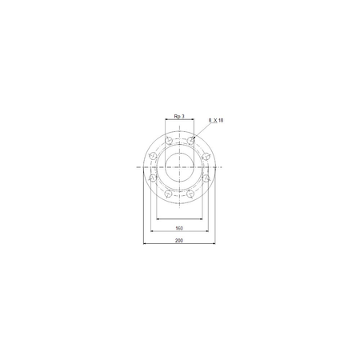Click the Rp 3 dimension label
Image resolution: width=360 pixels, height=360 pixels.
179,116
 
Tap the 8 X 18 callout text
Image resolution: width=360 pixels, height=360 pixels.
216,121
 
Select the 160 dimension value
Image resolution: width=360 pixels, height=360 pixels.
179,228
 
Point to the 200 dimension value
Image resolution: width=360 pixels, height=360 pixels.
179,241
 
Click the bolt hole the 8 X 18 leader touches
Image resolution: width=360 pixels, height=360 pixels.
190,140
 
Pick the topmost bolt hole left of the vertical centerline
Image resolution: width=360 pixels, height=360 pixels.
169,140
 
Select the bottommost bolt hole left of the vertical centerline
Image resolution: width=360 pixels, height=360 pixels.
169,194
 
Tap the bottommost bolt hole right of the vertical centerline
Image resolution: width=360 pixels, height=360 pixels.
190,194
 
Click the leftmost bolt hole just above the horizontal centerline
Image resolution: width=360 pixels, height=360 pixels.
153,156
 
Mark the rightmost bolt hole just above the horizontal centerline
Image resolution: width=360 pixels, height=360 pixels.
206,156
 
